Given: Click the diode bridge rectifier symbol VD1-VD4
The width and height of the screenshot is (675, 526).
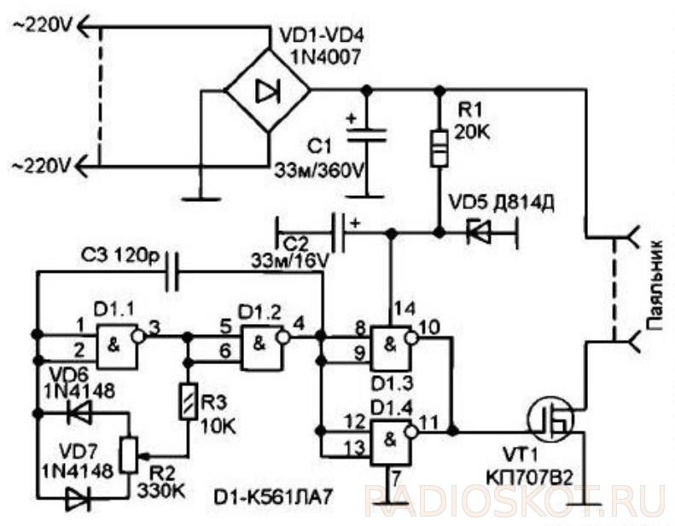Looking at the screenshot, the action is pyautogui.click(x=268, y=90).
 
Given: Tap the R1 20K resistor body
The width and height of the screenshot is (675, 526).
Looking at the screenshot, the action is pyautogui.click(x=439, y=147).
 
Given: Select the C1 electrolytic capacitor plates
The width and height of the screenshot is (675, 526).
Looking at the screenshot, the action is pyautogui.click(x=366, y=135).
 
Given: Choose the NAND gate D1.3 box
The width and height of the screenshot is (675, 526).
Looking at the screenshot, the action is pyautogui.click(x=391, y=348).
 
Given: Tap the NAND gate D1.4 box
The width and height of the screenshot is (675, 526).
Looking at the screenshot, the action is pyautogui.click(x=391, y=443).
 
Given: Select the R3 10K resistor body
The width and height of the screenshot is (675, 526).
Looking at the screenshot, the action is pyautogui.click(x=188, y=401).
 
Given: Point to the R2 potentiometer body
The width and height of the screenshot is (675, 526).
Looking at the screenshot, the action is pyautogui.click(x=129, y=455).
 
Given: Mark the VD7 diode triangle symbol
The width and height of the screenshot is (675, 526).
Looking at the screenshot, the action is pyautogui.click(x=79, y=499).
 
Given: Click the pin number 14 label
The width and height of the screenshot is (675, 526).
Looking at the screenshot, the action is pyautogui.click(x=403, y=309).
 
